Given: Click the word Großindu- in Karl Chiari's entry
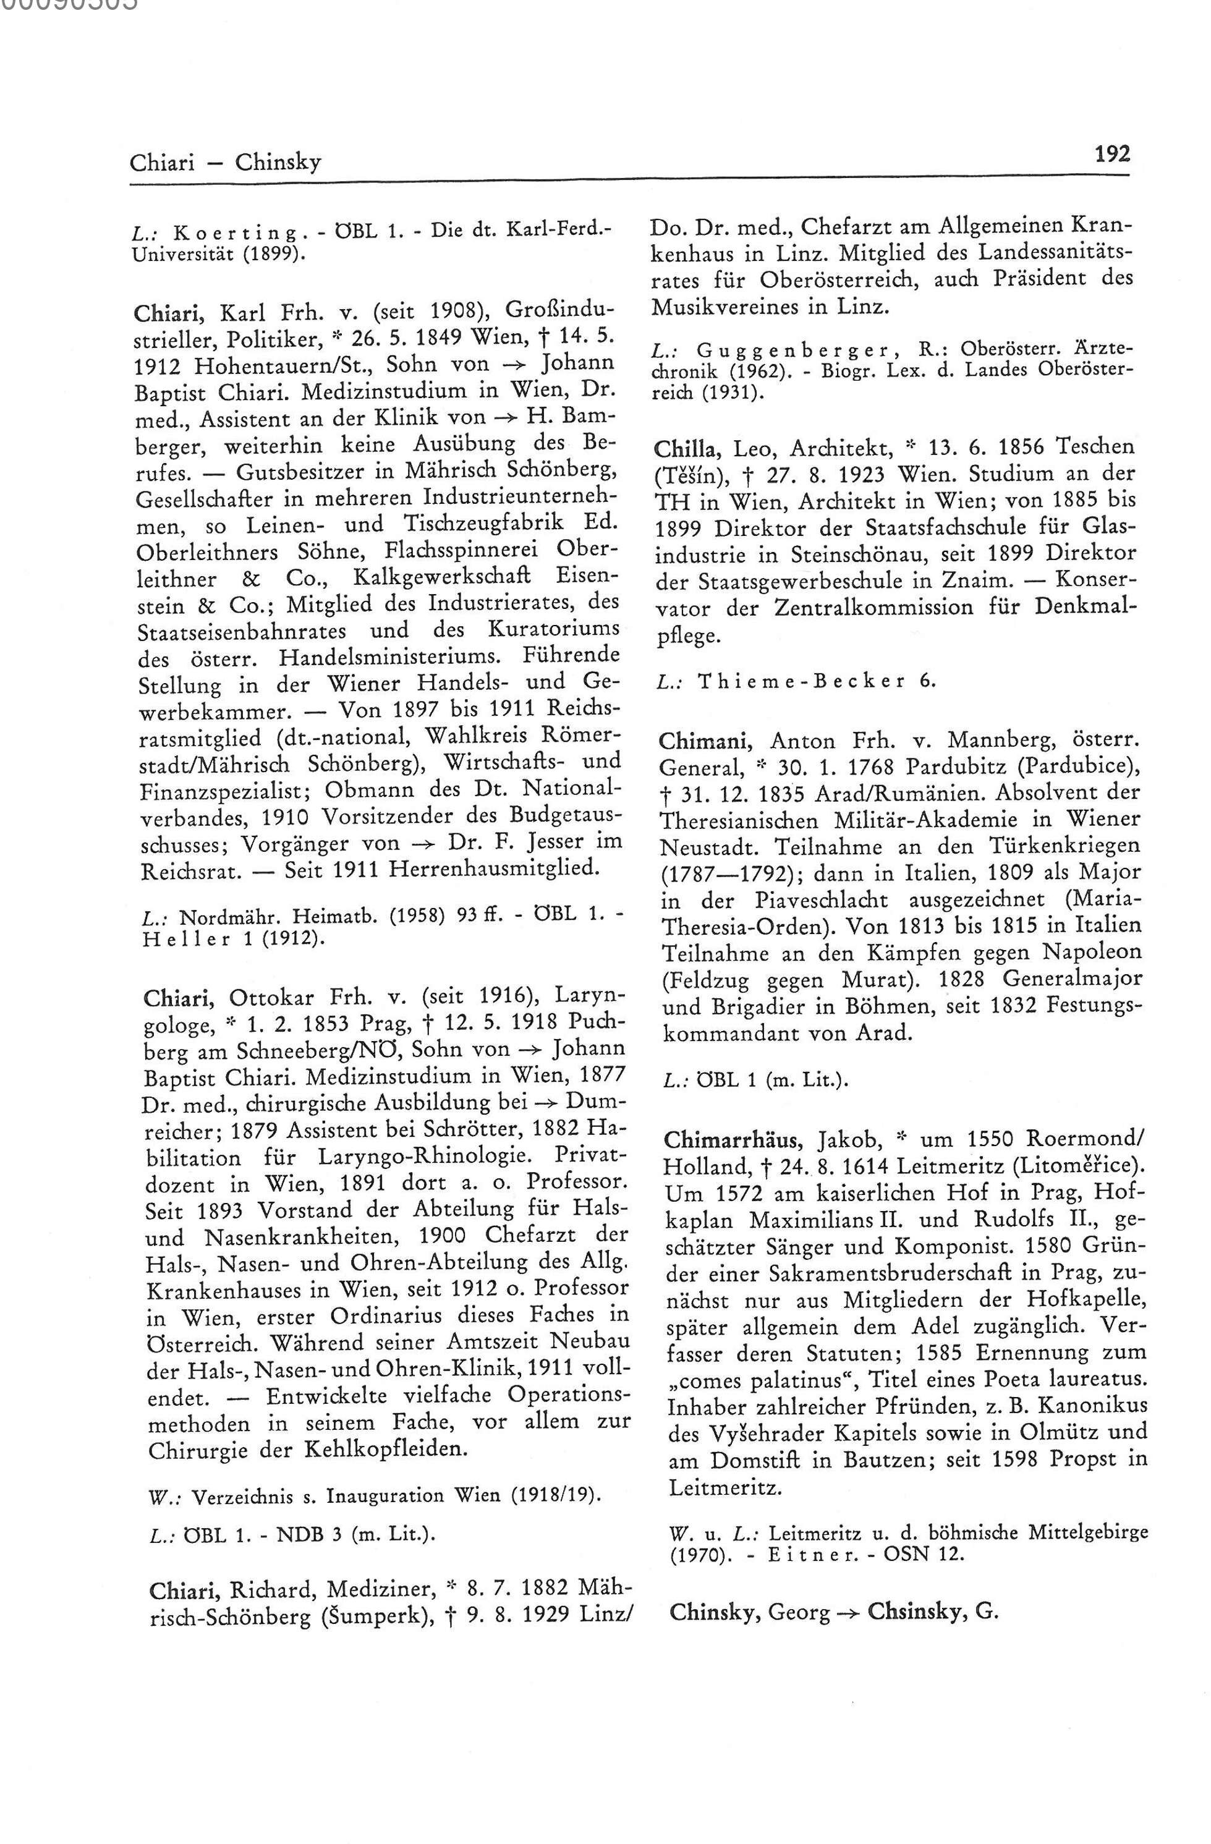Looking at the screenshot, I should point(560,312).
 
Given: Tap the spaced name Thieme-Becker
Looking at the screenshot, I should point(802,681).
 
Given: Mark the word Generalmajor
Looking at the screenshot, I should point(1073,979).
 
